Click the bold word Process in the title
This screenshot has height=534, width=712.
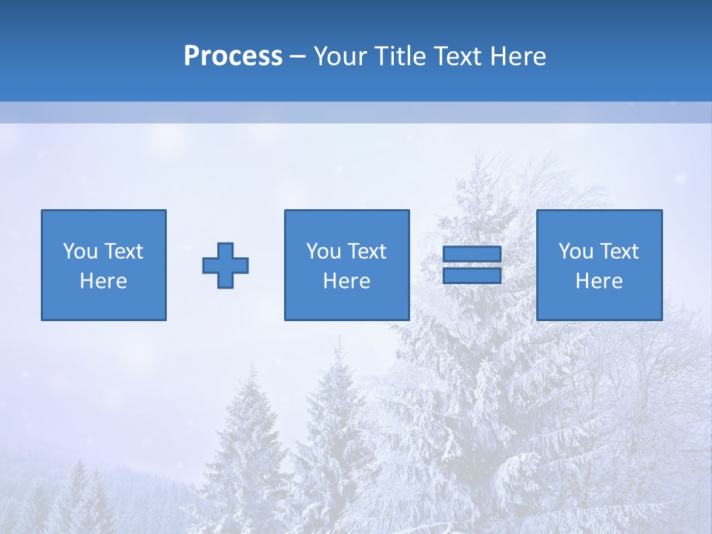point(233,56)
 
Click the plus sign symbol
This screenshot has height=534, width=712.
point(225,266)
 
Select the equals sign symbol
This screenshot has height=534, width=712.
point(472,265)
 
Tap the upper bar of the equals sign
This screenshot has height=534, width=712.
point(472,254)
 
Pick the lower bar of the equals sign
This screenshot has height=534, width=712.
point(472,275)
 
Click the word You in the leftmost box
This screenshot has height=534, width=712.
point(79,251)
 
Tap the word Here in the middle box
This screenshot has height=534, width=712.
point(346,281)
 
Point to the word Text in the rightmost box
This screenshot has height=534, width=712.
point(619,251)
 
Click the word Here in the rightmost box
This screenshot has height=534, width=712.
point(599,281)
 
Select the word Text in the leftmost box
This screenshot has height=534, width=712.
point(123,251)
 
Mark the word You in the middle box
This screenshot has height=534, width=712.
point(323,251)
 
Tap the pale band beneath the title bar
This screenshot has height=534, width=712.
point(356,113)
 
